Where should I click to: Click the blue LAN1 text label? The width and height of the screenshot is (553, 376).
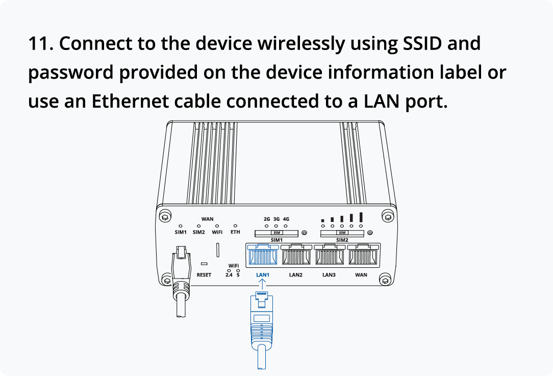click(262, 275)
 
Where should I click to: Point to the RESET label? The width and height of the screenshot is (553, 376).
click(204, 275)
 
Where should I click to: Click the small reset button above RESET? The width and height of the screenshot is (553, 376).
click(204, 264)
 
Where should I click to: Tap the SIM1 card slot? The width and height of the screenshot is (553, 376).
click(276, 233)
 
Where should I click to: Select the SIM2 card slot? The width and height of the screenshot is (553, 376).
click(342, 233)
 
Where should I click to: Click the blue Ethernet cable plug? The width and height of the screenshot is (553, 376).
click(262, 321)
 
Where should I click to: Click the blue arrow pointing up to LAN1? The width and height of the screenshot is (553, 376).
click(262, 284)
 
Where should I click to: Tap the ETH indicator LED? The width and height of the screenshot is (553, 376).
click(235, 225)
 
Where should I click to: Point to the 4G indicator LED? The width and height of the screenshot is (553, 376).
click(286, 225)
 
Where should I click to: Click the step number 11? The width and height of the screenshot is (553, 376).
click(40, 44)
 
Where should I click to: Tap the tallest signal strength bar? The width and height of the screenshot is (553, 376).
click(361, 217)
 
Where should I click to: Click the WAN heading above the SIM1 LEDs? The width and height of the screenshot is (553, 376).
click(208, 219)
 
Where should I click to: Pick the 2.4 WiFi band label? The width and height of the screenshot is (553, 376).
click(229, 275)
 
